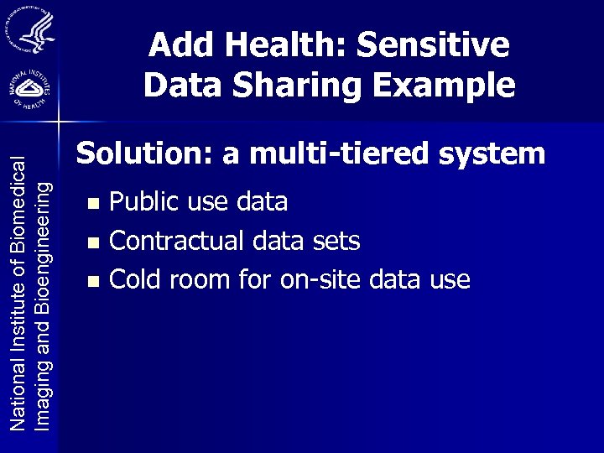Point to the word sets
336,242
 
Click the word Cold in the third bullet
135,279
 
